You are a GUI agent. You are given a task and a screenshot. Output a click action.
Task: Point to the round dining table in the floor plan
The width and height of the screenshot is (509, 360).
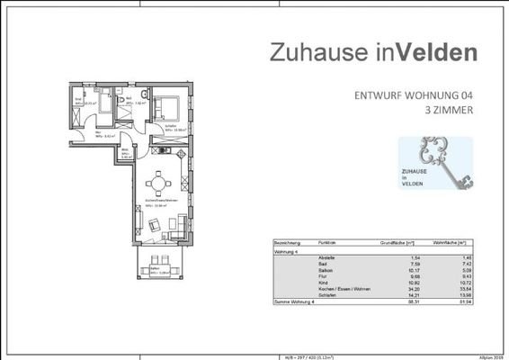tap(160, 183)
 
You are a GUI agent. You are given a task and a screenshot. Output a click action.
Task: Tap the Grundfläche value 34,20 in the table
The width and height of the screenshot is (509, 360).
tap(415, 288)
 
